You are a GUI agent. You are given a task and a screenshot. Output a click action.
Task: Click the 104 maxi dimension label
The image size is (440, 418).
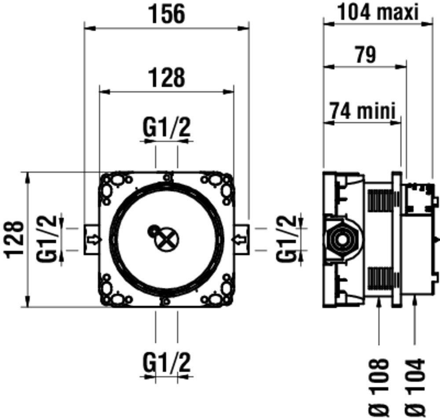pos(378,12)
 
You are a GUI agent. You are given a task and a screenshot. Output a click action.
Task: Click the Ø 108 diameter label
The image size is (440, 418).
pos(379,388)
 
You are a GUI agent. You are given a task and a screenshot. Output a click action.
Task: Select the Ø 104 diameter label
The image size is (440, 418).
pos(415,388)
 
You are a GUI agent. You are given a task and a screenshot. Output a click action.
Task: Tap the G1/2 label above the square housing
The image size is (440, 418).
pos(167,128)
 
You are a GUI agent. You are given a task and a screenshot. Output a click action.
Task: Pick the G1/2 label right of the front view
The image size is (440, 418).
pos(286,239)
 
